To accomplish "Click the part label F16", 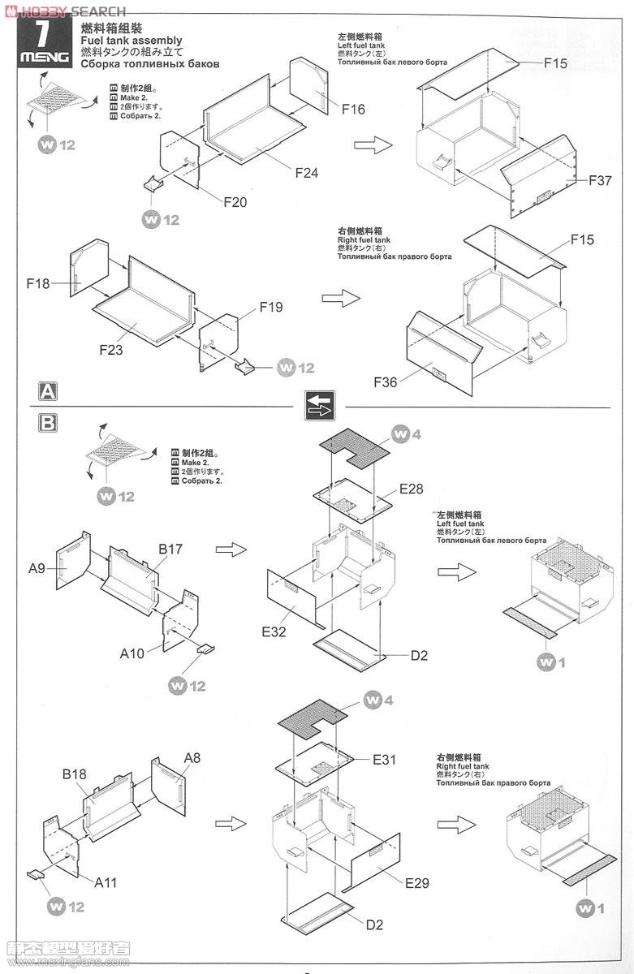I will (x=353, y=110).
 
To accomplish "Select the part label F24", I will (x=307, y=173).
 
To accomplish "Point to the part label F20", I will (x=235, y=202).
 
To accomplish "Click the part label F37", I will (x=600, y=181).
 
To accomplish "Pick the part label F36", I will (x=386, y=381).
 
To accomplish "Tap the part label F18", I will (x=38, y=283).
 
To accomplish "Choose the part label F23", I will (x=111, y=350).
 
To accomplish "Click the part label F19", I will (x=271, y=307).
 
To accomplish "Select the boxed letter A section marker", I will (x=49, y=391).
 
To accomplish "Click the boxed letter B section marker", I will (x=49, y=422).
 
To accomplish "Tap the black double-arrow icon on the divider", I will (x=320, y=405).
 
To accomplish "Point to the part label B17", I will (x=170, y=549).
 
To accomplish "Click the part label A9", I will (x=37, y=568).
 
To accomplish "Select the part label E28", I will (x=411, y=489).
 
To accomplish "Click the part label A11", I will (x=106, y=882).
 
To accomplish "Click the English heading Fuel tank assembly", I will (x=132, y=41).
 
